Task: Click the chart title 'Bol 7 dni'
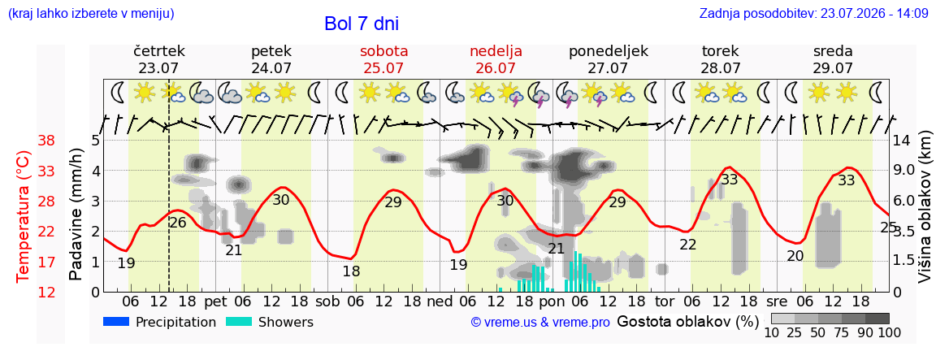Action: click(361, 24)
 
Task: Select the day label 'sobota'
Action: click(383, 50)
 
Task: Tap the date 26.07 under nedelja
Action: click(496, 67)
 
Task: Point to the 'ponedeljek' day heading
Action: click(609, 51)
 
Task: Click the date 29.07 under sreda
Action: click(833, 67)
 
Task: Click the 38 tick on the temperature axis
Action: click(46, 141)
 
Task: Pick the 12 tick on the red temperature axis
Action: click(46, 292)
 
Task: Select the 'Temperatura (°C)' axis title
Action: click(22, 216)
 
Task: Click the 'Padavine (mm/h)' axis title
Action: click(76, 215)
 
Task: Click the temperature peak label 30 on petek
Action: click(280, 200)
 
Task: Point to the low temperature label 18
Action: click(351, 271)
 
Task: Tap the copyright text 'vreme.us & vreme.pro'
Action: click(540, 323)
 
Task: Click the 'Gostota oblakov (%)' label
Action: click(687, 322)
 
